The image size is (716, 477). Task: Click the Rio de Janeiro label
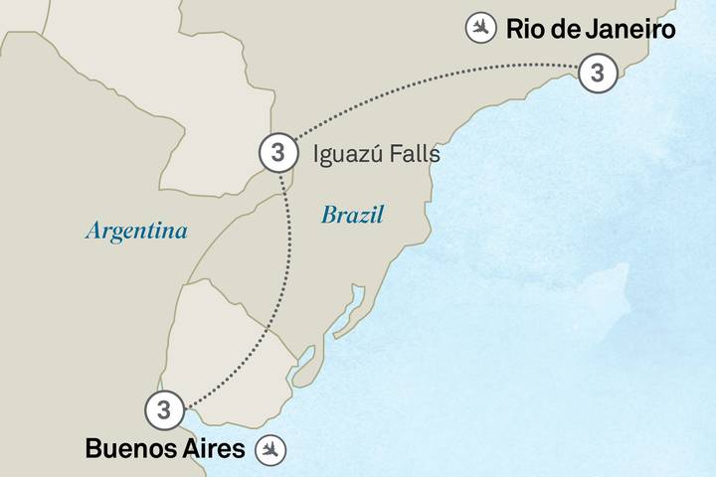click(x=591, y=29)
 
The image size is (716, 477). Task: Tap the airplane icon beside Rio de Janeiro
click(x=481, y=29)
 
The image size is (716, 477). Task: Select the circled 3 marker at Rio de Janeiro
click(x=597, y=73)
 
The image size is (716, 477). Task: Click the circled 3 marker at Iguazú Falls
click(x=277, y=153)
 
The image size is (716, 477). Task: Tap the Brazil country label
click(x=352, y=215)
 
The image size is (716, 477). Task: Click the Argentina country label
click(x=136, y=231)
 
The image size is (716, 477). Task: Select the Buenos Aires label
click(x=164, y=449)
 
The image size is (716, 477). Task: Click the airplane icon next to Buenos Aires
click(x=270, y=449)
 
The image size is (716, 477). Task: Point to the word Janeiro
click(x=629, y=29)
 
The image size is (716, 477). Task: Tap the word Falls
click(x=417, y=155)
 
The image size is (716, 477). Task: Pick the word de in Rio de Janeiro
click(x=564, y=29)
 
